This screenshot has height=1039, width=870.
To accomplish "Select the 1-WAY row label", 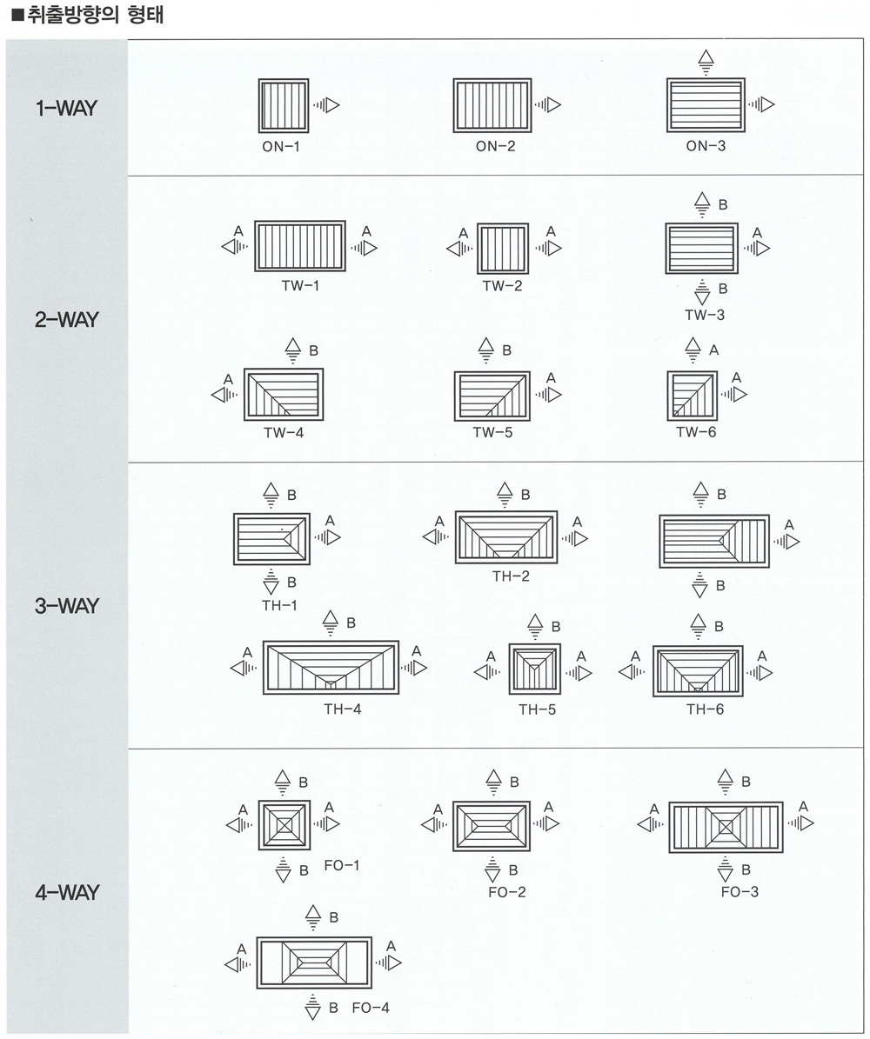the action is pos(66,108).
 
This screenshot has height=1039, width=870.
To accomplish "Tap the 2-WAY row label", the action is pos(66,320).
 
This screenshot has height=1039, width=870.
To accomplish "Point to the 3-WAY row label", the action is pos(66,606).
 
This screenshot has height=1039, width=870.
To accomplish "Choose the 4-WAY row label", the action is pos(66,893).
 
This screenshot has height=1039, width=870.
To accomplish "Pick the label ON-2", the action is pos(495,146).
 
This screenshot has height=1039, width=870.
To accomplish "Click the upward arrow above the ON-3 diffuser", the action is pos(706,63).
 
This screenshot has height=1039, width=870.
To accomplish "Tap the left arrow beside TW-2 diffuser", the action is pos(459,250).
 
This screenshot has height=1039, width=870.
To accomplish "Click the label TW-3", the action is pos(705,315).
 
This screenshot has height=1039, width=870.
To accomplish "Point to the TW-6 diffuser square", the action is pos(693,396).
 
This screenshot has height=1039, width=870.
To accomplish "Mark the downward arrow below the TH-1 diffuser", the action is pos(271,581).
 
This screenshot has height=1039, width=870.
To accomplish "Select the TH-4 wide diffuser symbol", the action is pos(331,667).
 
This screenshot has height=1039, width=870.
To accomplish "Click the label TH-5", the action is pos(537,709).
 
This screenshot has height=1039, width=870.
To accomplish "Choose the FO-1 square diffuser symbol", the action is pos(284,825).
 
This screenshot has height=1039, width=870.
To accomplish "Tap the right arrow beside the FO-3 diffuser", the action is pos(800,823).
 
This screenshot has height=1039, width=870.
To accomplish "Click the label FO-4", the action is pos(371,1008).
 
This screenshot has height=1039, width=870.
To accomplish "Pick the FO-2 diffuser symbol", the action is pos(492,826).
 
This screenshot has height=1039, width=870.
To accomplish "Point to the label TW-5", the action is pos(492,433).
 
